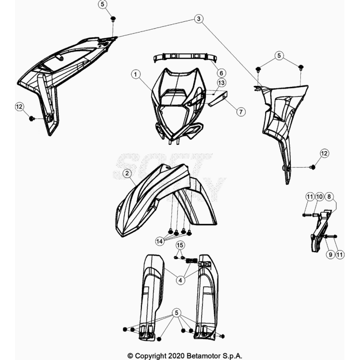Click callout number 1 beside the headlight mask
pyautogui.click(x=136, y=75)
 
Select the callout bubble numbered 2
pyautogui.click(x=127, y=173)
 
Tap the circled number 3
pyautogui.click(x=199, y=18)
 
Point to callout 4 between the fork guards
pyautogui.click(x=180, y=280)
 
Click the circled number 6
pyautogui.click(x=221, y=73)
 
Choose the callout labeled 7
pyautogui.click(x=241, y=112)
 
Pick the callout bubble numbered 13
pyautogui.click(x=221, y=83)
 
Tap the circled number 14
pyautogui.click(x=159, y=241)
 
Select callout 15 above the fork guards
pyautogui.click(x=180, y=245)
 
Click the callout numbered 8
pyautogui.click(x=329, y=197)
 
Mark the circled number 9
pyautogui.click(x=330, y=254)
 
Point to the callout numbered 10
pyautogui.click(x=319, y=197)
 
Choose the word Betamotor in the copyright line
pyautogui.click(x=203, y=356)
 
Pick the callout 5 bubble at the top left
pyautogui.click(x=102, y=4)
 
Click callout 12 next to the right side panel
pyautogui.click(x=324, y=154)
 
